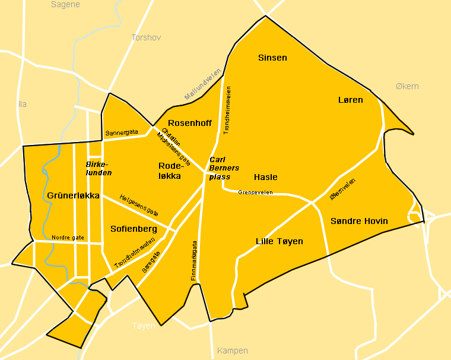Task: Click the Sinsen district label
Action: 272,58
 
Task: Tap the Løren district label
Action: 350,100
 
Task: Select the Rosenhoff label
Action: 190,123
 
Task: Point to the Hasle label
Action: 265,177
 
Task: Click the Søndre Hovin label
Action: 359,221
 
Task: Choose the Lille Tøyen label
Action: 279,241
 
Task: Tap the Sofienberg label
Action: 134,229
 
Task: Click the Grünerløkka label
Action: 72,195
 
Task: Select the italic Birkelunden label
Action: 99,168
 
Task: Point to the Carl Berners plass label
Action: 224,168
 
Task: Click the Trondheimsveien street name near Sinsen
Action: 227,110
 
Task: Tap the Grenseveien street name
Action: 255,192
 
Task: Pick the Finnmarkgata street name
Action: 194,260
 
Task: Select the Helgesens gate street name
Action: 139,205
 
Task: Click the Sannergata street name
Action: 121,132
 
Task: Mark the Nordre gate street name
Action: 68,237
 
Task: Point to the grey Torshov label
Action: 146,37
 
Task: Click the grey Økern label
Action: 407,86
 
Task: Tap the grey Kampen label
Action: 233,350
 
